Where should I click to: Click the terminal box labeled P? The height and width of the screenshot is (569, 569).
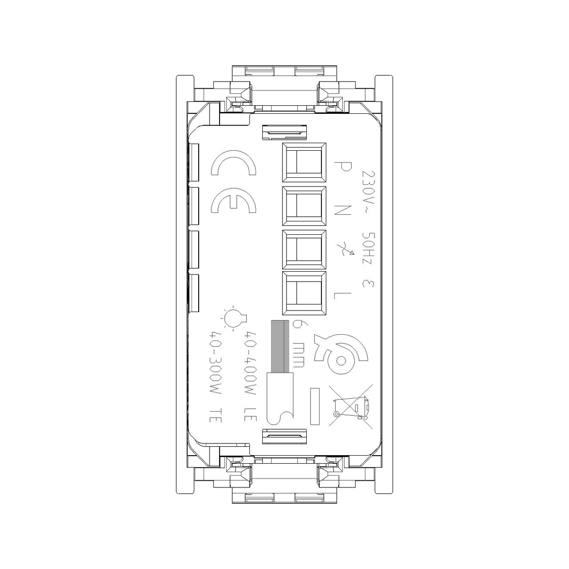(x=304, y=163)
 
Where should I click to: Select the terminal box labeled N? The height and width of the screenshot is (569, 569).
(x=304, y=206)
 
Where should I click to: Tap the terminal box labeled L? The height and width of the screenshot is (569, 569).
(x=304, y=293)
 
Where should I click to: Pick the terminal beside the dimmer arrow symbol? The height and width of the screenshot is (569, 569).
(x=304, y=250)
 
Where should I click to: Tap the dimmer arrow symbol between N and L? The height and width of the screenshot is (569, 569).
(x=345, y=248)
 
